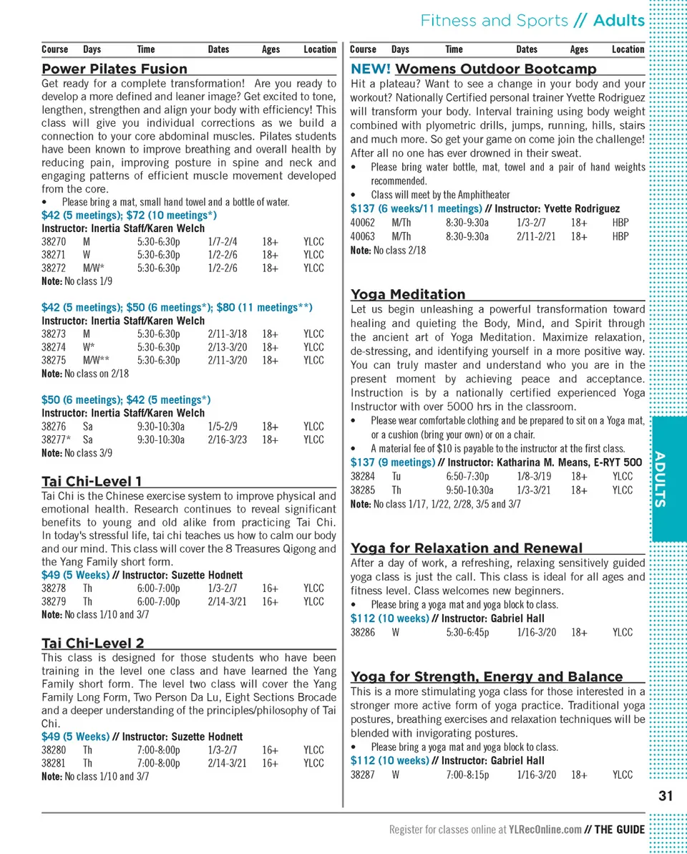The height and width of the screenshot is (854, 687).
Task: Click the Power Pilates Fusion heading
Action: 114,69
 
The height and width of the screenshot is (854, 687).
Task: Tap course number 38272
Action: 54,268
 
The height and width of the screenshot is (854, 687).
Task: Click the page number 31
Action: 666,795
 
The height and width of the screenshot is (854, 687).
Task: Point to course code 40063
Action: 363,236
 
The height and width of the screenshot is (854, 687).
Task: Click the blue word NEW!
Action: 370,69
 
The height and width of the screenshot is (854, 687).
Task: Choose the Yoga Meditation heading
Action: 408,294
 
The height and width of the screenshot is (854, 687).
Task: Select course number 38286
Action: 363,632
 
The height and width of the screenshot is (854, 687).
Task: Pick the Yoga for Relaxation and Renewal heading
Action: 467,548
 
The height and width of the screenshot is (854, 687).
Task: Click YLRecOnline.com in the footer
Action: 545,830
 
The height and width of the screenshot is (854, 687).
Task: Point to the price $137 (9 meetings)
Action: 393,462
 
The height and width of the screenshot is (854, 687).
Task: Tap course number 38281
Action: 54,763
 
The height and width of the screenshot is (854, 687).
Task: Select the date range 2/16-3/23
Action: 228,440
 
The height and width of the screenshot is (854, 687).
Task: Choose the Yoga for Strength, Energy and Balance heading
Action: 487,676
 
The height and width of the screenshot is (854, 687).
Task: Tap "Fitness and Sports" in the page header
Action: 494,20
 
